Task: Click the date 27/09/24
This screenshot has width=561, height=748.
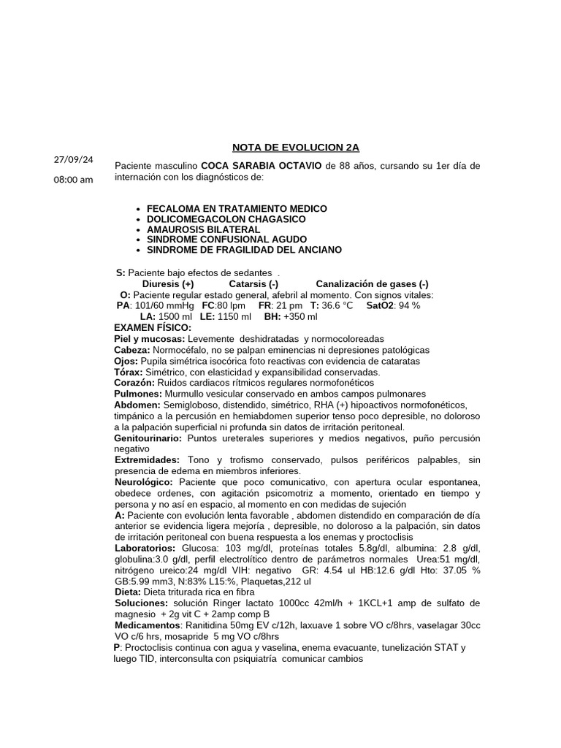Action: pyautogui.click(x=74, y=159)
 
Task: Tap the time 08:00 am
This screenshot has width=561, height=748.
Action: pyautogui.click(x=74, y=180)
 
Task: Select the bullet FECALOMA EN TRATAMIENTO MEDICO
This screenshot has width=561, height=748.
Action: pyautogui.click(x=237, y=209)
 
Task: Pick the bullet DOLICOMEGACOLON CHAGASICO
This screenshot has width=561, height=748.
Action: pyautogui.click(x=226, y=219)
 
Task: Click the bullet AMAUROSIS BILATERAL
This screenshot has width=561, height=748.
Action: pyautogui.click(x=203, y=229)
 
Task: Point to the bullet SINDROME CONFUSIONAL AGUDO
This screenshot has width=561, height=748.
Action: pyautogui.click(x=226, y=240)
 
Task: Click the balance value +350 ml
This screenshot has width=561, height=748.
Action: pyautogui.click(x=301, y=316)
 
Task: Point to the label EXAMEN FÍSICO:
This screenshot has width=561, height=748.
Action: pyautogui.click(x=153, y=327)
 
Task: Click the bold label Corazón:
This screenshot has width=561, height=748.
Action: pyautogui.click(x=135, y=383)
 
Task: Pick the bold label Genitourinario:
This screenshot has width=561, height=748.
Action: pyautogui.click(x=149, y=438)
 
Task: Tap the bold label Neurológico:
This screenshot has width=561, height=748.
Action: pyautogui.click(x=144, y=482)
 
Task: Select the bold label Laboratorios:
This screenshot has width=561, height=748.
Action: pyautogui.click(x=145, y=548)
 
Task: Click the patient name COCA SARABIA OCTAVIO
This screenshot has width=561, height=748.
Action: pyautogui.click(x=262, y=166)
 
